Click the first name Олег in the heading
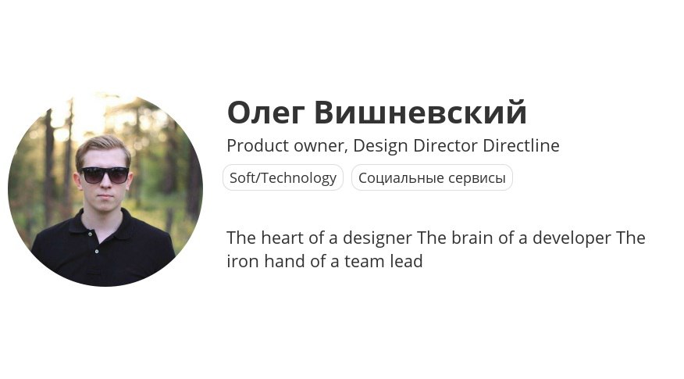coord(265,114)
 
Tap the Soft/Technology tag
coord(283,177)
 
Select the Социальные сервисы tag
coord(432,177)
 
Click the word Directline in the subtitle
coord(521,145)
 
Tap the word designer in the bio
coord(377,239)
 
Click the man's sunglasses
coord(105,175)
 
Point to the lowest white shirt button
coord(96,252)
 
